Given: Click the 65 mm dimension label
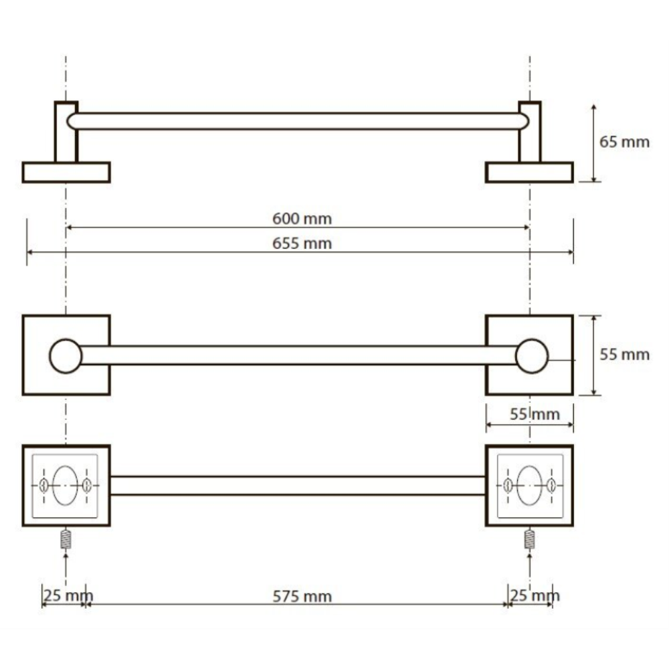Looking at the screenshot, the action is [x=624, y=142].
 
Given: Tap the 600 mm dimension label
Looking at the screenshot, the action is [x=302, y=219].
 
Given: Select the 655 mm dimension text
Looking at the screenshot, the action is [x=302, y=244].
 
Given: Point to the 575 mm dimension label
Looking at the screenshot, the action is [x=302, y=597].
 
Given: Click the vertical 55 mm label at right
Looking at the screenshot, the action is [x=624, y=355].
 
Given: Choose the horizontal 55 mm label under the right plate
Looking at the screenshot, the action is [x=535, y=414].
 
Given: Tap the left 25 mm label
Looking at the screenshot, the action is [x=68, y=595].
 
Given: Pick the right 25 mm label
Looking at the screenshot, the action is [x=535, y=595].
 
